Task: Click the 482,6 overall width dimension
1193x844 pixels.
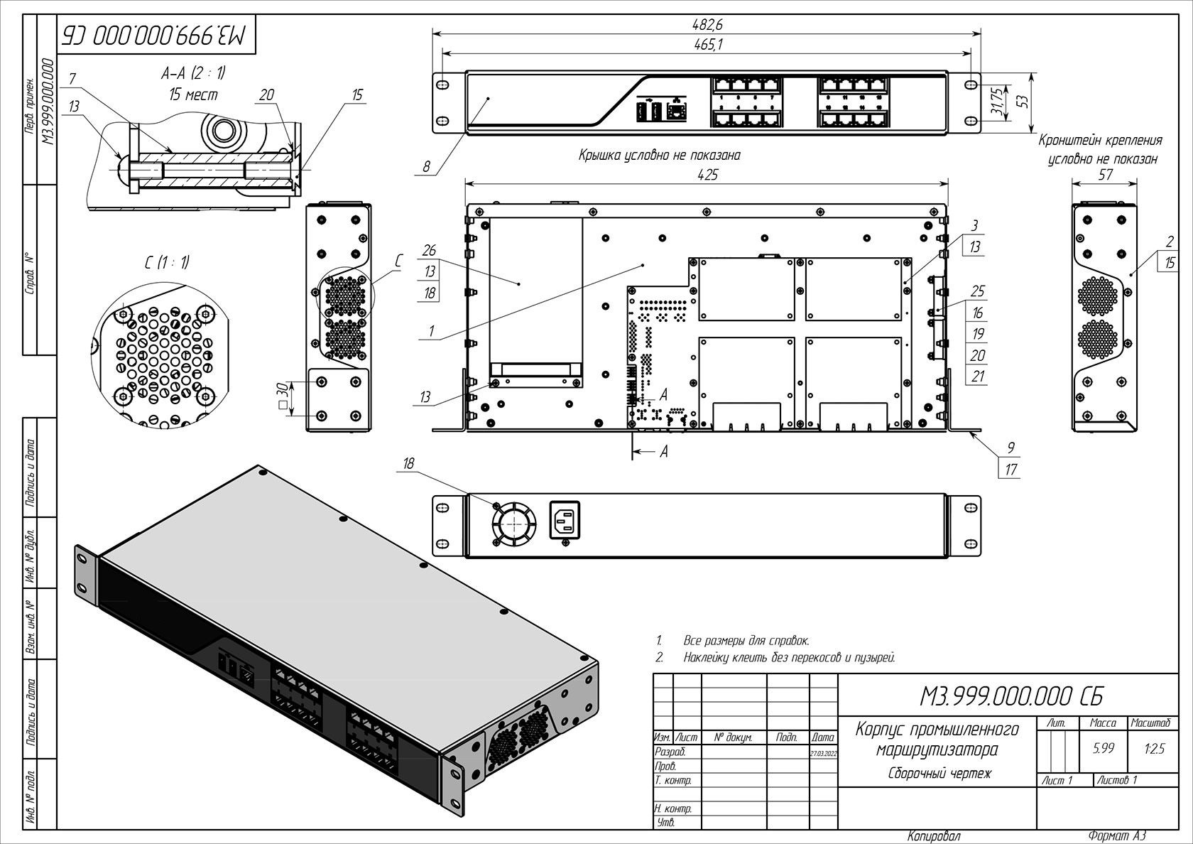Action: click(707, 25)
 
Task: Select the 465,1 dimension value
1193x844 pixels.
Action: click(707, 43)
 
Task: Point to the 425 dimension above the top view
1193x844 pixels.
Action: click(707, 175)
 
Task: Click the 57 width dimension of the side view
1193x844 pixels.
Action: click(1105, 174)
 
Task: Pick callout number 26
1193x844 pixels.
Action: click(428, 251)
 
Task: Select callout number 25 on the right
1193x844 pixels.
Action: click(978, 291)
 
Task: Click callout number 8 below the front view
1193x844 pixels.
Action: click(426, 167)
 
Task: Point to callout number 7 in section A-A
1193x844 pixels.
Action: click(72, 77)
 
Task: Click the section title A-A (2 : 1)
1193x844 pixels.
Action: click(193, 74)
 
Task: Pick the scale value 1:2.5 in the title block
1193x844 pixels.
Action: click(1154, 748)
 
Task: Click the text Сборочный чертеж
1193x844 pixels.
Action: click(939, 773)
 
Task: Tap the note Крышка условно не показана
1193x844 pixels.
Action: click(660, 156)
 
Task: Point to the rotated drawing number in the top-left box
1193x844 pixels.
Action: click(157, 33)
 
